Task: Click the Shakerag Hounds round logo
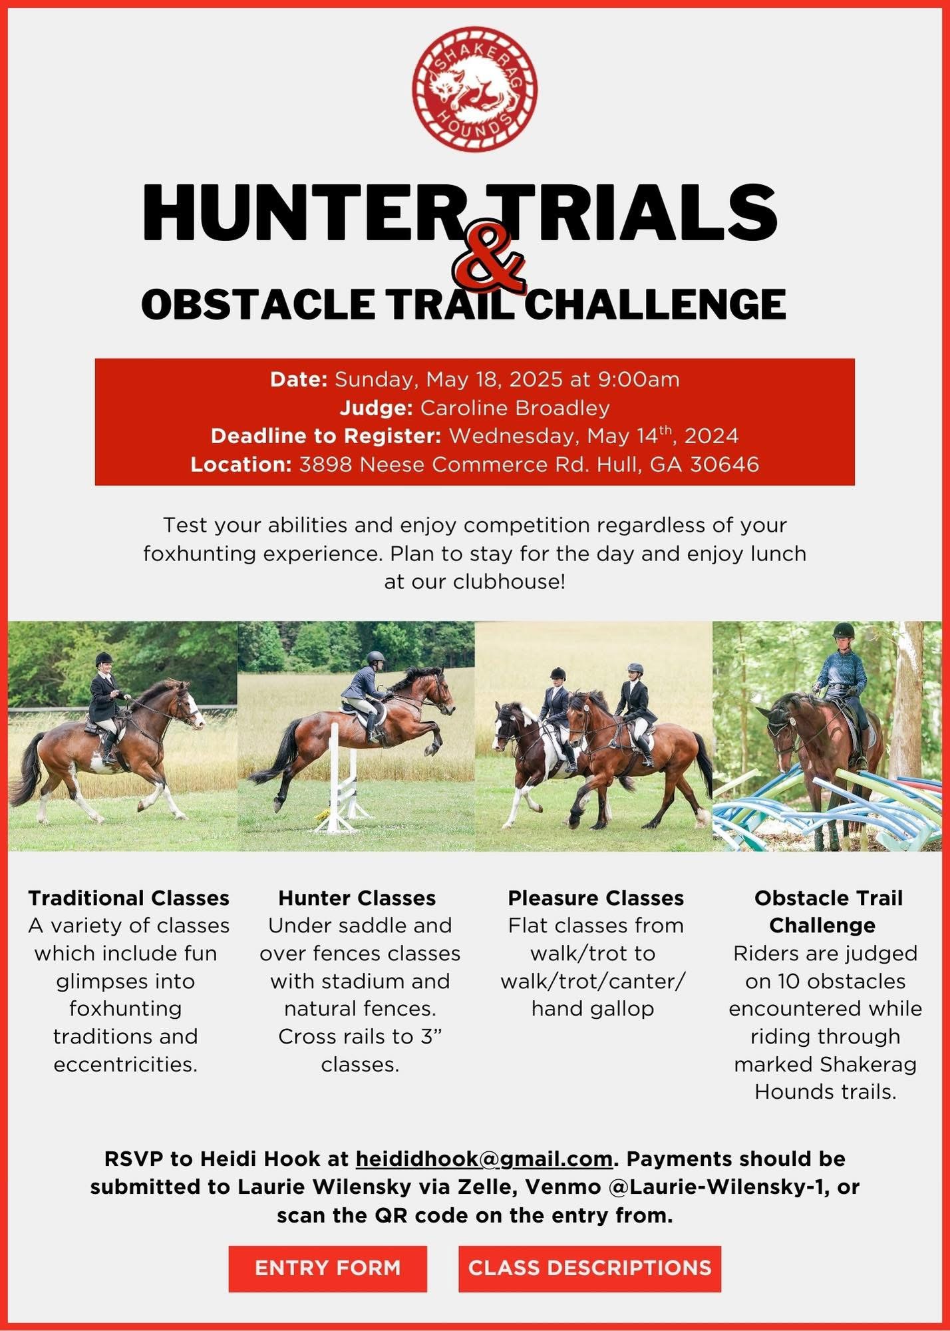tap(474, 89)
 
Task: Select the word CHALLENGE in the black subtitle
tap(659, 304)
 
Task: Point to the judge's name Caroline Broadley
tap(515, 407)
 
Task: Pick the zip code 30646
tap(724, 464)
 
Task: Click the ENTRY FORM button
tap(328, 1268)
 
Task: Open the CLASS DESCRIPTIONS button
tap(589, 1268)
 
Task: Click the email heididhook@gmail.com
tap(484, 1159)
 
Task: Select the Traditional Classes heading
tap(128, 898)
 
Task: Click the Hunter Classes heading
tap(357, 898)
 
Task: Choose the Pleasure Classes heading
tap(595, 898)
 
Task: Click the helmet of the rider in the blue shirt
tap(844, 630)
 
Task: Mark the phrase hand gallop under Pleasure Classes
tap(593, 1009)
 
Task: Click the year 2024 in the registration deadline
tap(711, 436)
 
